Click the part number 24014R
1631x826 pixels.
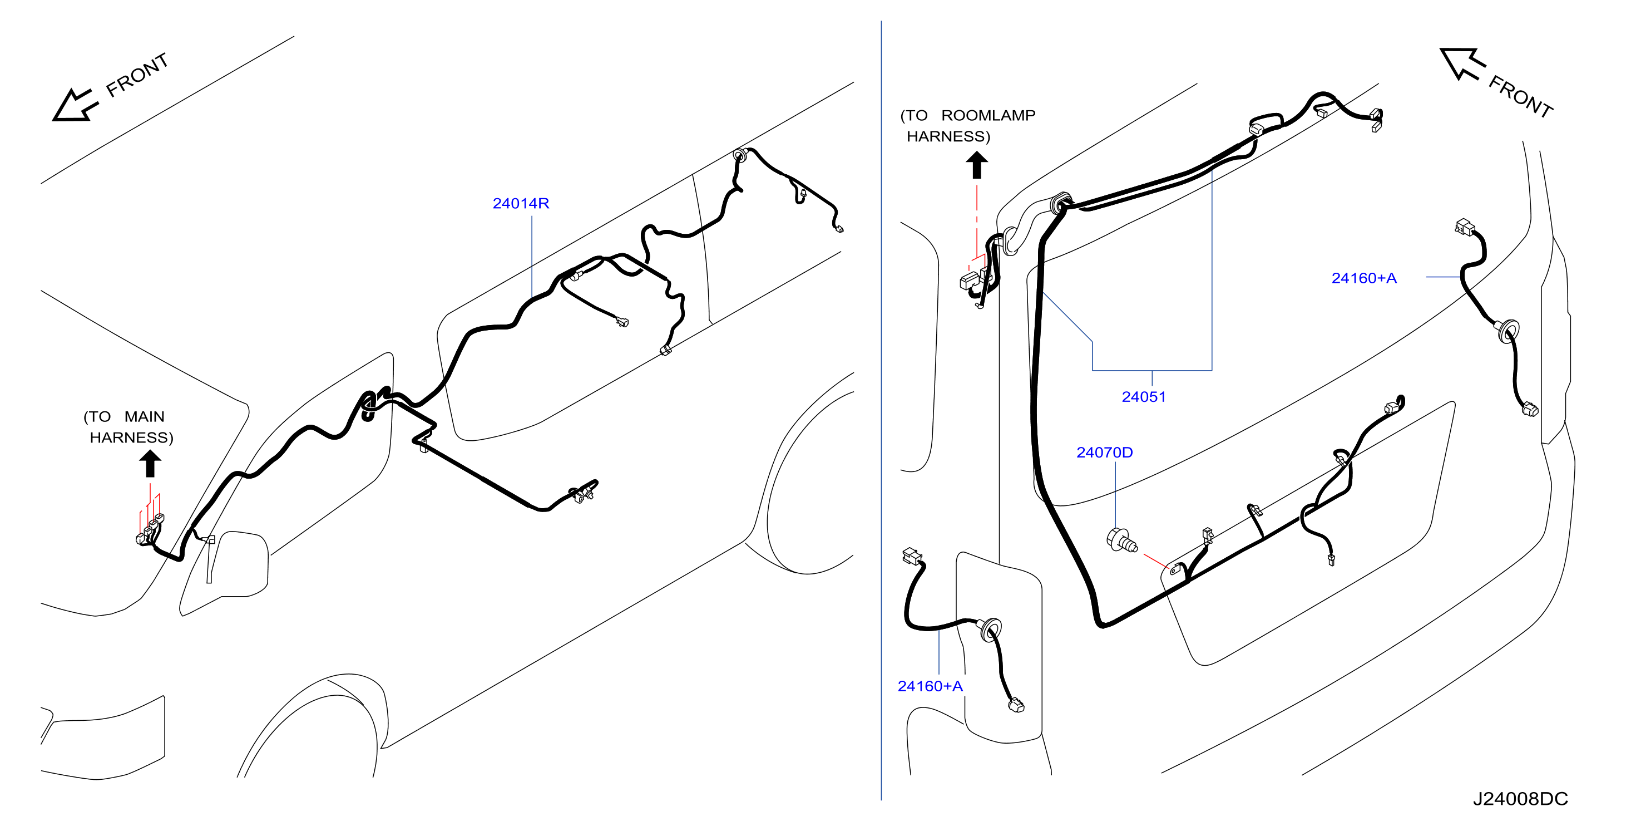pos(521,203)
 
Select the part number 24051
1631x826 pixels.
pos(1144,397)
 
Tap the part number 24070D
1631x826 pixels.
pos(1105,453)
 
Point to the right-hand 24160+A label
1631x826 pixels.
pos(1364,278)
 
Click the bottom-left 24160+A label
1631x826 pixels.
pos(930,686)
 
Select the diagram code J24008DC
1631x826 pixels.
pos(1520,799)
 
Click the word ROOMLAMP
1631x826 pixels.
pos(989,115)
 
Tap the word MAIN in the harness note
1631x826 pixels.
pos(145,417)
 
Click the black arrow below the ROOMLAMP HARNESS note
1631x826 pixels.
pos(977,165)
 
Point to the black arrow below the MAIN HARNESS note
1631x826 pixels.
pos(150,463)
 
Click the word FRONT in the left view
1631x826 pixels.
pos(137,75)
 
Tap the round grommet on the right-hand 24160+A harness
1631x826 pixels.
pos(1509,331)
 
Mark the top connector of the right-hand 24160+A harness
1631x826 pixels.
pos(1465,227)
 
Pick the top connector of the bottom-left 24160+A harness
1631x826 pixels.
pos(912,556)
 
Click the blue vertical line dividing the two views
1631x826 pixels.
pos(881,410)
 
